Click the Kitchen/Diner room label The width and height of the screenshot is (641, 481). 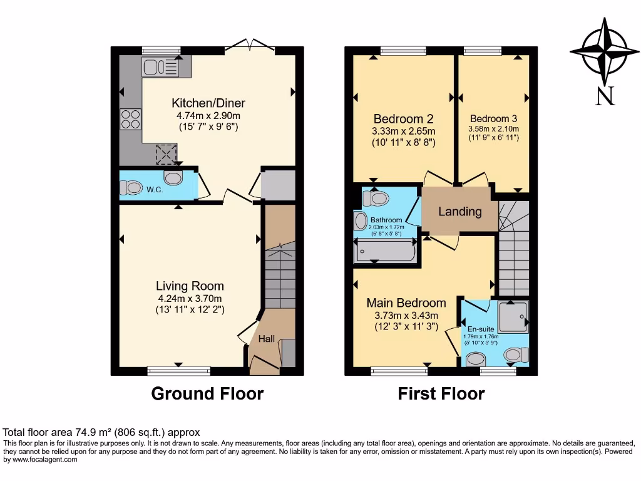[x=208, y=103]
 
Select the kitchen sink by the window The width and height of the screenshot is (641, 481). [x=160, y=66]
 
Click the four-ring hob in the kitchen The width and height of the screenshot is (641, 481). [x=130, y=118]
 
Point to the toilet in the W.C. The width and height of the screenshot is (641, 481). [x=133, y=187]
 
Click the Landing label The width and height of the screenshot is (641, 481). [x=459, y=211]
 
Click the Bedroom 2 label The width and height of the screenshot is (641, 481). [x=403, y=119]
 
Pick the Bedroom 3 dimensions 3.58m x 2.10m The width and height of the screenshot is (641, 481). [x=494, y=130]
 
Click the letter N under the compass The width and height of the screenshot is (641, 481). [x=604, y=96]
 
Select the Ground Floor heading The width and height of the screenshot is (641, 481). [x=207, y=394]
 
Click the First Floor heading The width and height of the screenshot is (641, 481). [x=441, y=394]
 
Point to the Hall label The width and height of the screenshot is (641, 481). [x=267, y=339]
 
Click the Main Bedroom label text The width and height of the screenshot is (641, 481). [x=406, y=303]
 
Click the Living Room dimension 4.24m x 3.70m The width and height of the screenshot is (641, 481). [x=190, y=298]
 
